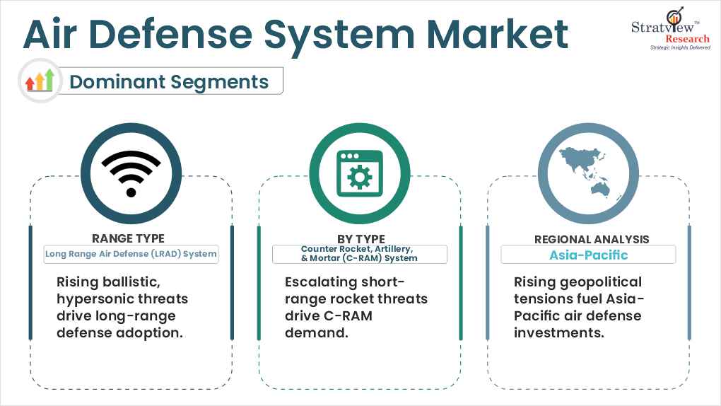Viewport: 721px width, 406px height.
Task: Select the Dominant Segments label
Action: click(169, 81)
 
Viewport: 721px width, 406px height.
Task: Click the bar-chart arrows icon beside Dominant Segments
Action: click(40, 81)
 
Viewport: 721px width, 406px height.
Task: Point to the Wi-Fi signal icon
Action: click(131, 173)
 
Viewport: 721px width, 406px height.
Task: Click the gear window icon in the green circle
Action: click(360, 173)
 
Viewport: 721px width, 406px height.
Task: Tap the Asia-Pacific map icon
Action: click(585, 172)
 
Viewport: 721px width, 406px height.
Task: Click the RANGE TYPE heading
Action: click(128, 238)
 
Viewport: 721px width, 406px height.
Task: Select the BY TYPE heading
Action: click(360, 239)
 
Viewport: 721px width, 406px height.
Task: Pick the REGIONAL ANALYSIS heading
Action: click(592, 240)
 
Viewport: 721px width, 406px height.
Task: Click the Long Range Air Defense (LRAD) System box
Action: click(131, 254)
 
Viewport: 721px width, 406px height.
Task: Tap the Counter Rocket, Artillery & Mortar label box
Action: click(360, 254)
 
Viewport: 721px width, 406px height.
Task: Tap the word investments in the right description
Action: click(559, 332)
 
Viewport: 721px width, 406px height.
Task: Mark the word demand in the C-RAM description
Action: click(317, 332)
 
